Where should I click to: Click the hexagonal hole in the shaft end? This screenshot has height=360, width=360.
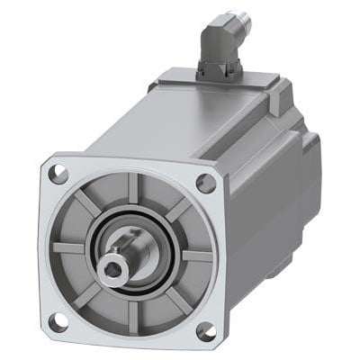pyautogui.click(x=113, y=266)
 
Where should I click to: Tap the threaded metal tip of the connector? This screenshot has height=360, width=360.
pyautogui.click(x=238, y=17)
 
